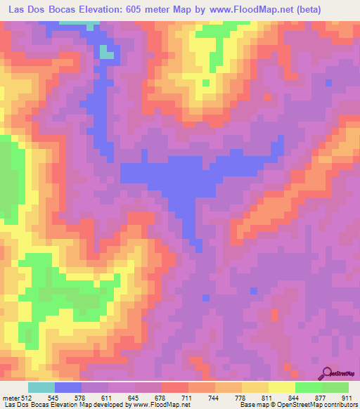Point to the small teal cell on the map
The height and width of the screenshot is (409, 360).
click(105, 52)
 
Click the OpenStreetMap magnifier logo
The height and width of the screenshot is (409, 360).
click(327, 372)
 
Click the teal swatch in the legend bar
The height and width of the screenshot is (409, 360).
click(41, 388)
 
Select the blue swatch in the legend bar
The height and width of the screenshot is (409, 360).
click(68, 388)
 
